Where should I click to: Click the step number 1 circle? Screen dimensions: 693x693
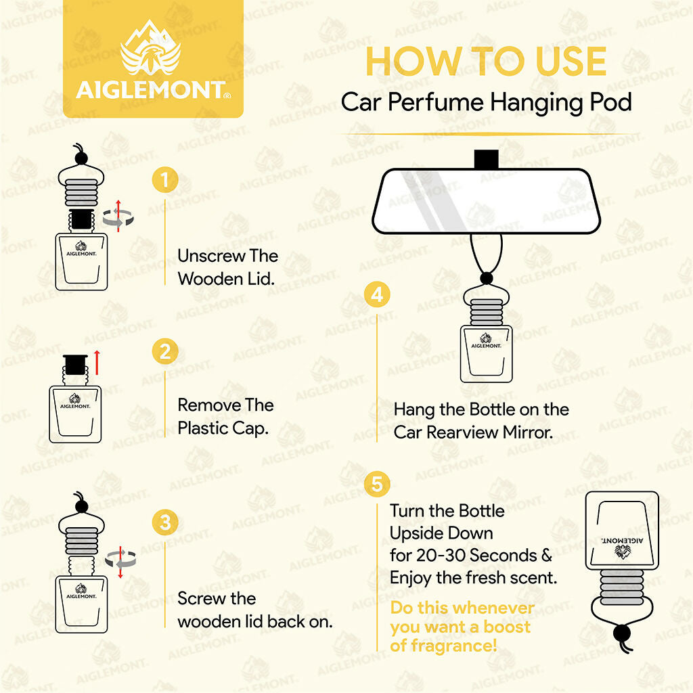coord(165,180)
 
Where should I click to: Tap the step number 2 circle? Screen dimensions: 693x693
coord(165,352)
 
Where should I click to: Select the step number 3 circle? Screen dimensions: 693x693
coord(165,523)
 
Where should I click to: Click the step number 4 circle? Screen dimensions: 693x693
coord(377,295)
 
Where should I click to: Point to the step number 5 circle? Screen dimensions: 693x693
coord(376,485)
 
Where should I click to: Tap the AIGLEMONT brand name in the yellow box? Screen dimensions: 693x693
coord(150,91)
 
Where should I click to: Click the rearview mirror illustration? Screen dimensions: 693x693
coord(486,200)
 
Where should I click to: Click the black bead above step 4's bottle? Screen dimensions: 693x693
coord(485,278)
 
